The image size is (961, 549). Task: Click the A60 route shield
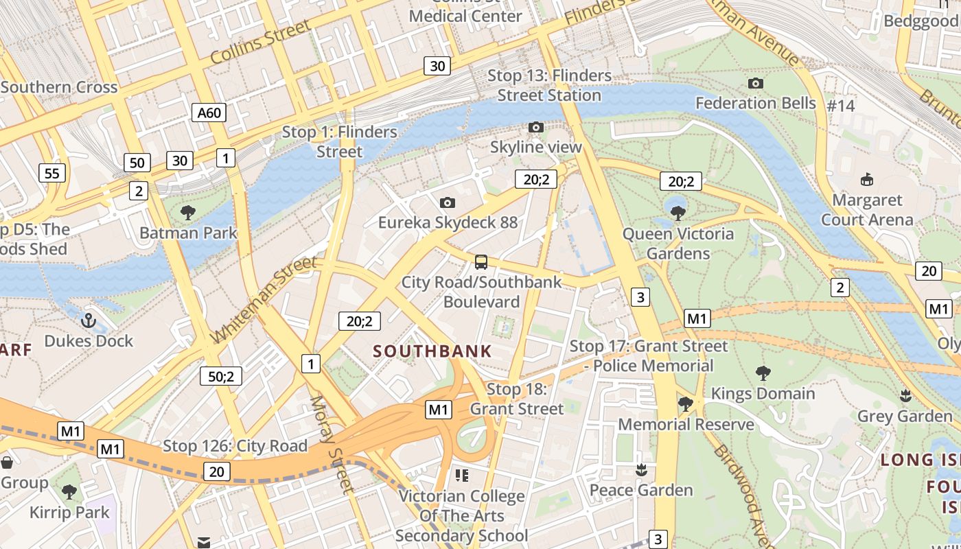click(x=209, y=113)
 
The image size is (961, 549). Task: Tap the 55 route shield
click(x=52, y=173)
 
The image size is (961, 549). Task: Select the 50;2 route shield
click(x=221, y=376)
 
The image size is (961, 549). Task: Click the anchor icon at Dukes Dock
click(x=88, y=320)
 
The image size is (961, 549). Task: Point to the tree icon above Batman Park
click(x=188, y=213)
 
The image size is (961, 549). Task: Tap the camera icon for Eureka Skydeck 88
click(x=448, y=202)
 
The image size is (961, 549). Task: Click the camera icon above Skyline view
click(x=536, y=127)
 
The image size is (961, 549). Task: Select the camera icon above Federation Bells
click(x=756, y=84)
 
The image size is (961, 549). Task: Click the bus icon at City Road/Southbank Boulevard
click(x=481, y=261)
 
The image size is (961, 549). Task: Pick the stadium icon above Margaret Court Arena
click(x=867, y=180)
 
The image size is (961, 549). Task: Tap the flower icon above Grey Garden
click(x=905, y=395)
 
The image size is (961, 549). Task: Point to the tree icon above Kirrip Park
click(x=69, y=491)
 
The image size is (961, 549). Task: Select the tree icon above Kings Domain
click(x=763, y=373)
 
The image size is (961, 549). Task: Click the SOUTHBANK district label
click(x=432, y=351)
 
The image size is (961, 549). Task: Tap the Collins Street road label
click(x=260, y=43)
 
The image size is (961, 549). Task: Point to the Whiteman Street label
click(x=265, y=299)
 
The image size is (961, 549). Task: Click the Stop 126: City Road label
click(x=235, y=446)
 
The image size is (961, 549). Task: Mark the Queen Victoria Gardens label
click(x=678, y=244)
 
